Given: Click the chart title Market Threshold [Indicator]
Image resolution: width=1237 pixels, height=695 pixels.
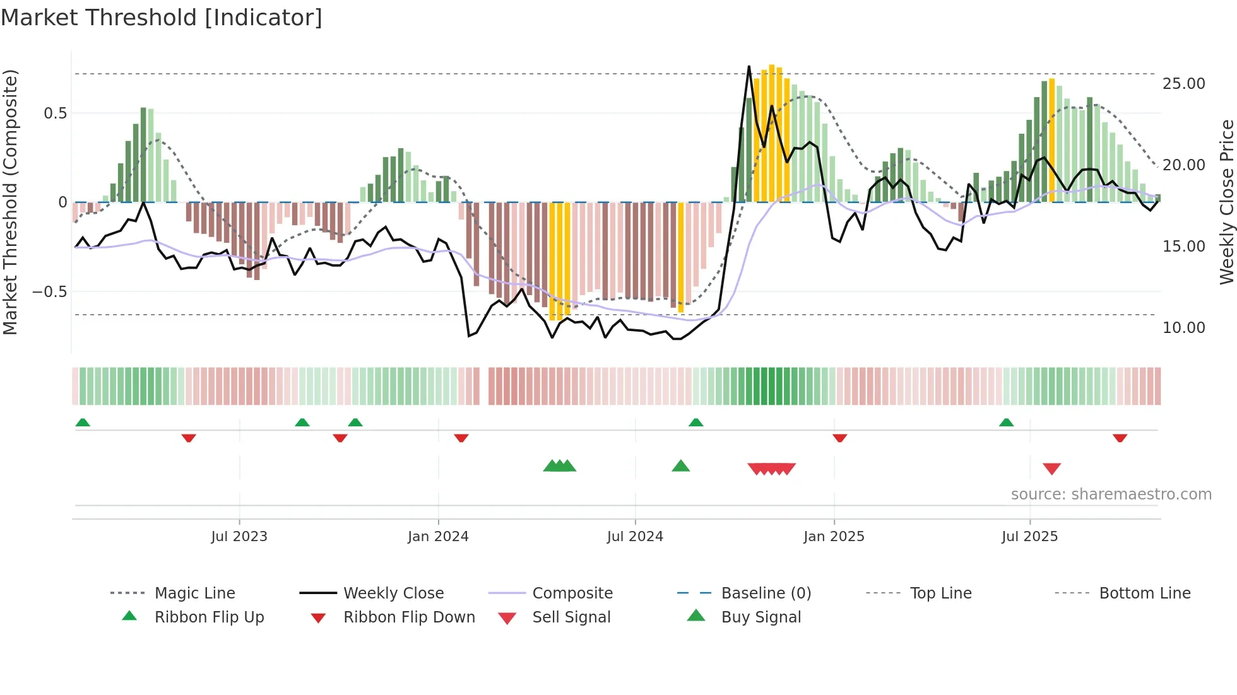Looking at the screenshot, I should click(x=162, y=18).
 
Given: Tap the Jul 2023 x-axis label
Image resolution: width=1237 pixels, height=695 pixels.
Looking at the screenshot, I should click(x=239, y=537).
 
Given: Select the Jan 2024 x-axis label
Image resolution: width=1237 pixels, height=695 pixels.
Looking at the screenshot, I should click(x=438, y=537).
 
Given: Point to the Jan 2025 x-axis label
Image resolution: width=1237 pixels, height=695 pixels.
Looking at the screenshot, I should click(x=834, y=537).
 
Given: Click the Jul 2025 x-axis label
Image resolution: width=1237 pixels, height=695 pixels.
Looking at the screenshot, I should click(x=1029, y=537).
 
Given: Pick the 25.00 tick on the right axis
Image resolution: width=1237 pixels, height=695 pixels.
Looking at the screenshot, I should click(x=1183, y=84).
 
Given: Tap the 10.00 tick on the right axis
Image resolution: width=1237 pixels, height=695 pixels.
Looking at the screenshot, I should click(x=1183, y=328).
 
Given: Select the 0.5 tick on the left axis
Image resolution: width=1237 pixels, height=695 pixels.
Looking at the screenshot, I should click(x=55, y=114).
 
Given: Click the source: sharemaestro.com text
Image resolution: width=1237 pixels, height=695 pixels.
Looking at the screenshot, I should click(x=1111, y=494).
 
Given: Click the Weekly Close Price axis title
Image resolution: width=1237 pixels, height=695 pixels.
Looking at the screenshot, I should click(x=1226, y=202).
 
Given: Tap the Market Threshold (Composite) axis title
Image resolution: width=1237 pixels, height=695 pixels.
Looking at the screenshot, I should click(x=10, y=202).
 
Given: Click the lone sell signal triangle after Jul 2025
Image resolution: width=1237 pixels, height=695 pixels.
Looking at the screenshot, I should click(x=1051, y=469).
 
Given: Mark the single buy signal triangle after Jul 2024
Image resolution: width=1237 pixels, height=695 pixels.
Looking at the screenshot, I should click(x=680, y=466).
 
